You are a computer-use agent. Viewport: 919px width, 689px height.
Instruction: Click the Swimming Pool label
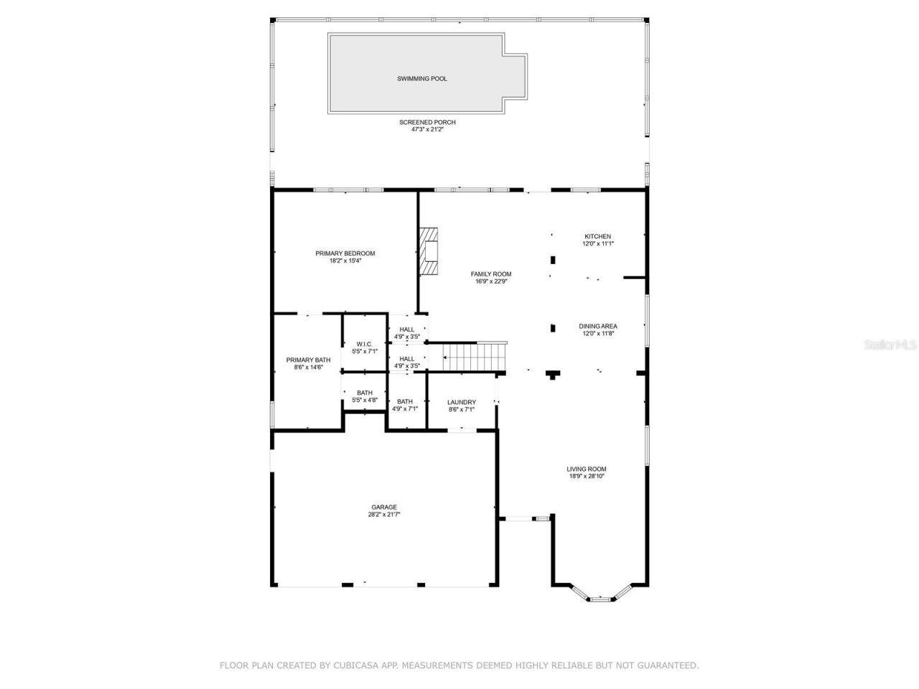click(422, 78)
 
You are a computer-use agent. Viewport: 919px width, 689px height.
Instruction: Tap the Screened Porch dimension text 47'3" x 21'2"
click(427, 130)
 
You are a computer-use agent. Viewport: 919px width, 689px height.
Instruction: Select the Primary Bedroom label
click(345, 253)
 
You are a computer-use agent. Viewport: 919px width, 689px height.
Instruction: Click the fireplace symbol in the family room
click(430, 250)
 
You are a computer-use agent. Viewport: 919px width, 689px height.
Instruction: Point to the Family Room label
click(491, 274)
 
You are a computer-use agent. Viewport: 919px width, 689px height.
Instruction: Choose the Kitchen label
click(597, 236)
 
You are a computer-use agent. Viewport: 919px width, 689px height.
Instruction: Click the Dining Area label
click(598, 326)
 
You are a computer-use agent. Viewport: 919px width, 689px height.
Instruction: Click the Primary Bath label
click(308, 360)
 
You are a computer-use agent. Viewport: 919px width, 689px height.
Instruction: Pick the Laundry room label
click(461, 402)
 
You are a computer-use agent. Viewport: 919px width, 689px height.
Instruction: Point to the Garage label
click(384, 507)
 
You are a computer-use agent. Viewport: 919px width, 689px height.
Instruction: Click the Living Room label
click(587, 469)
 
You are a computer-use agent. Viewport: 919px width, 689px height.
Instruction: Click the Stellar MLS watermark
click(890, 344)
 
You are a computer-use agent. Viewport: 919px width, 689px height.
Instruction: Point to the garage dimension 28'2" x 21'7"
click(384, 514)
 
